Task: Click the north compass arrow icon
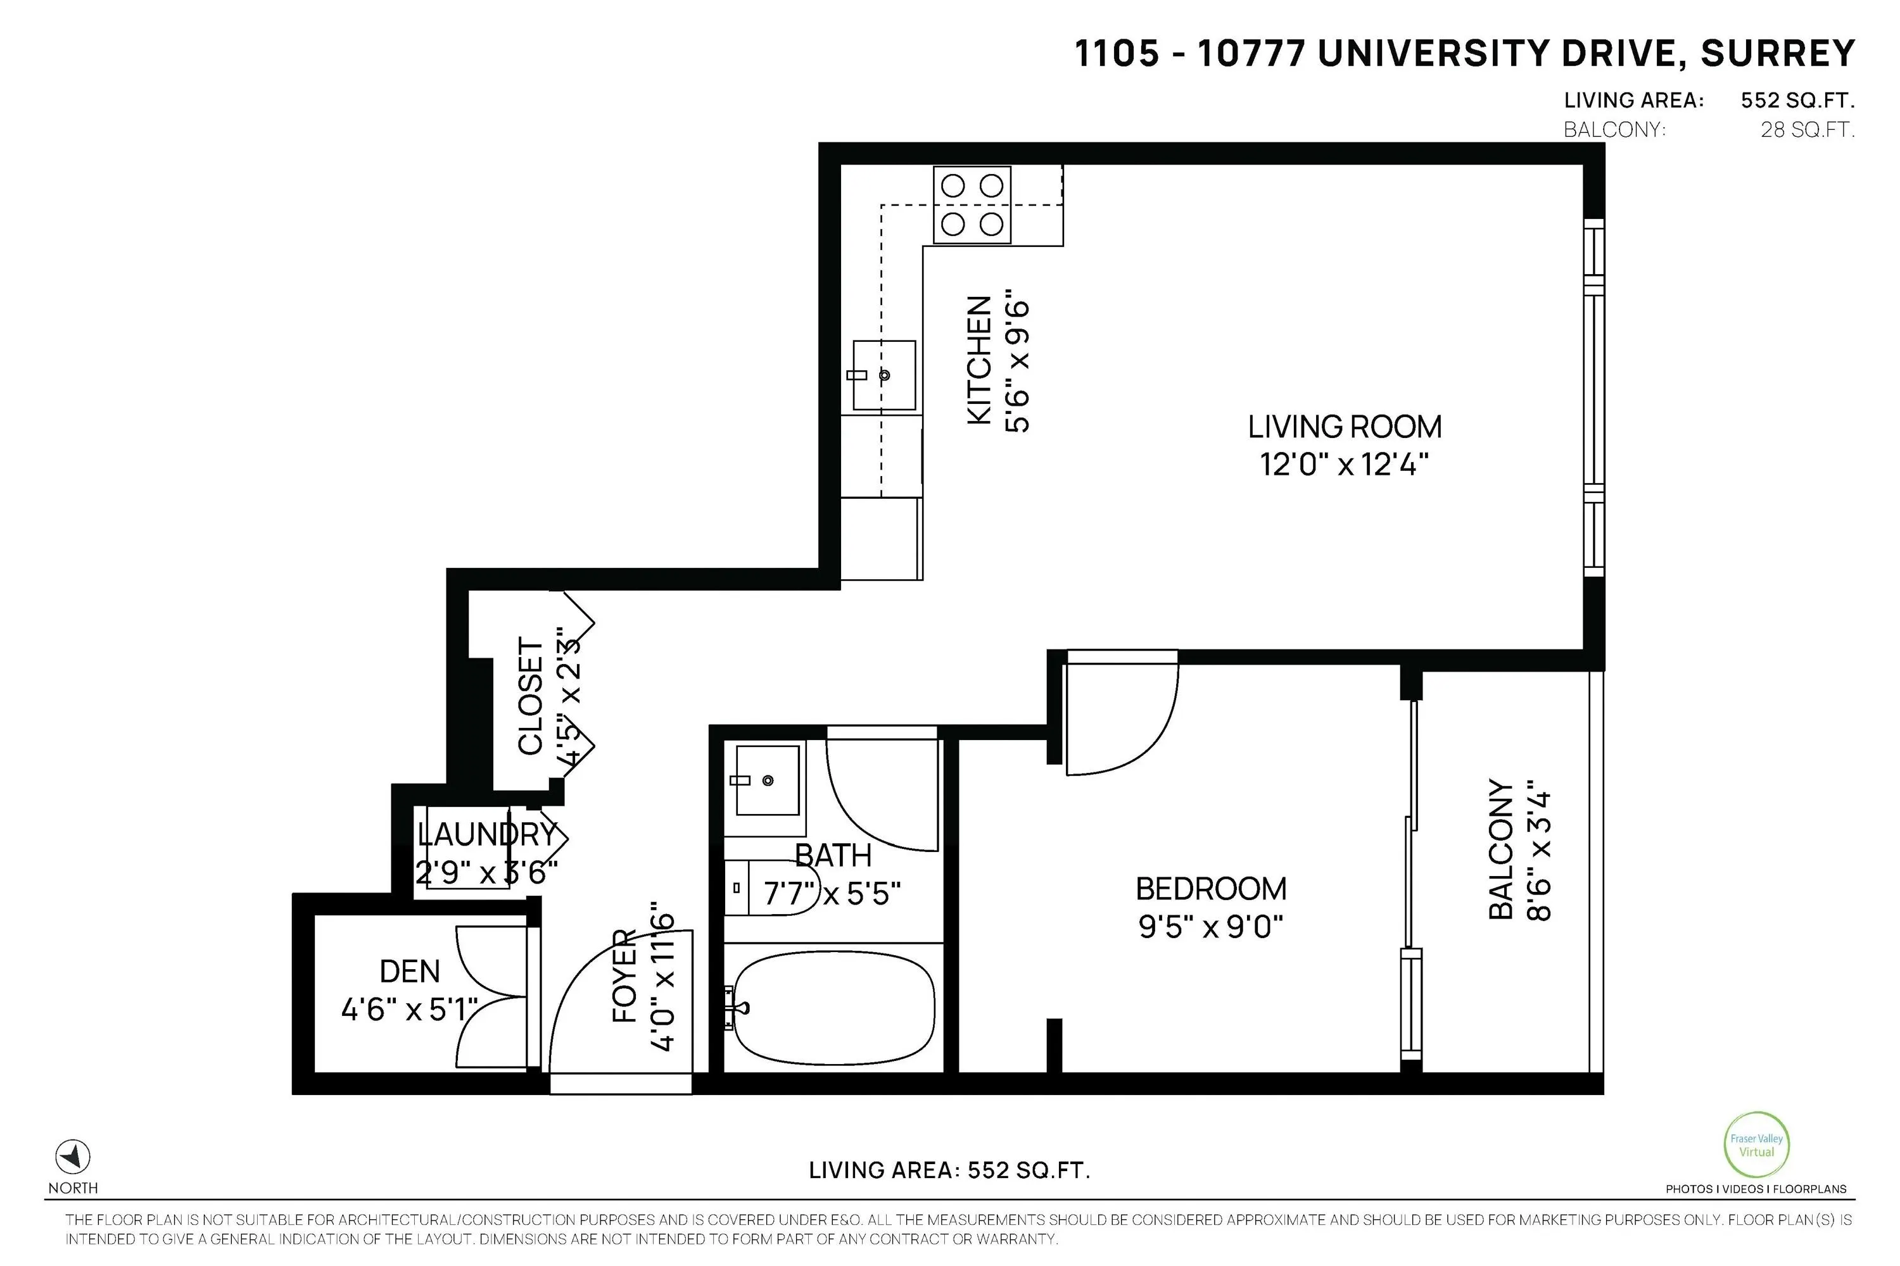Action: point(73,1158)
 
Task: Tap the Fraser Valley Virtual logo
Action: point(1756,1145)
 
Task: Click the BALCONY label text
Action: point(1500,849)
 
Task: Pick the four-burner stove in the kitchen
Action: point(972,205)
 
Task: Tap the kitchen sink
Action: point(885,375)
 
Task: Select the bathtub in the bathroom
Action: point(833,1008)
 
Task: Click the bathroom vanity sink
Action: point(765,780)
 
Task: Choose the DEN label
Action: point(410,971)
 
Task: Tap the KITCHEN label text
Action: point(979,360)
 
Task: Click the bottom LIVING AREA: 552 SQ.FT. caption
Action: point(949,1170)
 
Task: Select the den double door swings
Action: point(491,997)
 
